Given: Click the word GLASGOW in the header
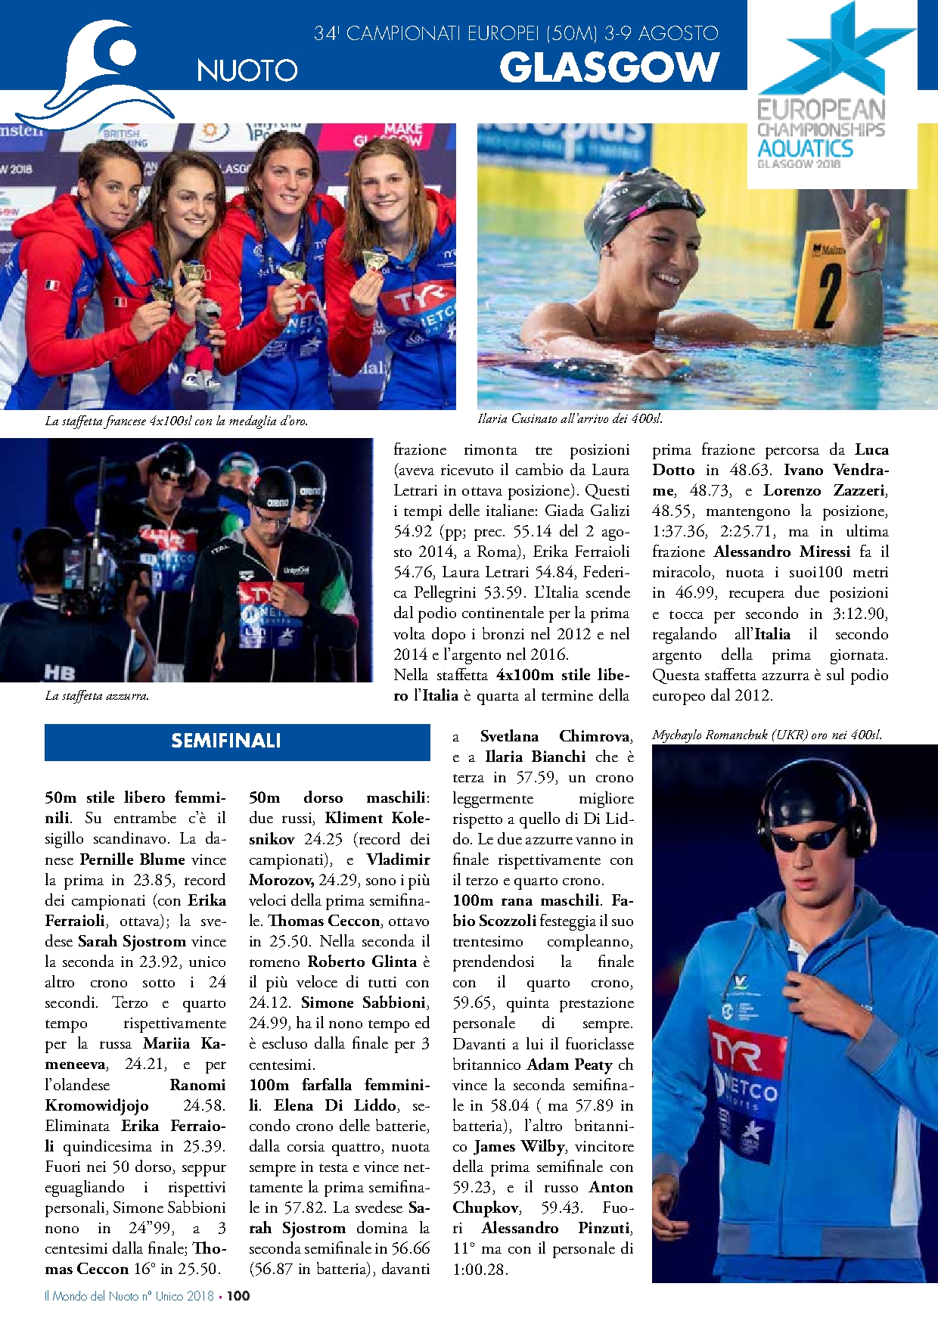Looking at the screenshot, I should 609,67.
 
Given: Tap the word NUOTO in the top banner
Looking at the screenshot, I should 247,70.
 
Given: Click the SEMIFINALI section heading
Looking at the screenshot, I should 226,741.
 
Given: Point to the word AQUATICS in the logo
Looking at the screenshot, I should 805,148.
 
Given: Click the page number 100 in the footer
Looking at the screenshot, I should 238,1295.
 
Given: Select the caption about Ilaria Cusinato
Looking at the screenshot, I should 570,418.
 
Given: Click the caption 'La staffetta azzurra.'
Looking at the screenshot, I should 97,695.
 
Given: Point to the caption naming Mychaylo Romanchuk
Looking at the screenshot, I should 766,735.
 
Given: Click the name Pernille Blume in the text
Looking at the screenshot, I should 132,859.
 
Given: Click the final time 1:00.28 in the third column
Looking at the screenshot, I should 480,1269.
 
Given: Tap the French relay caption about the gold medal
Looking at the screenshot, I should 176,421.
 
